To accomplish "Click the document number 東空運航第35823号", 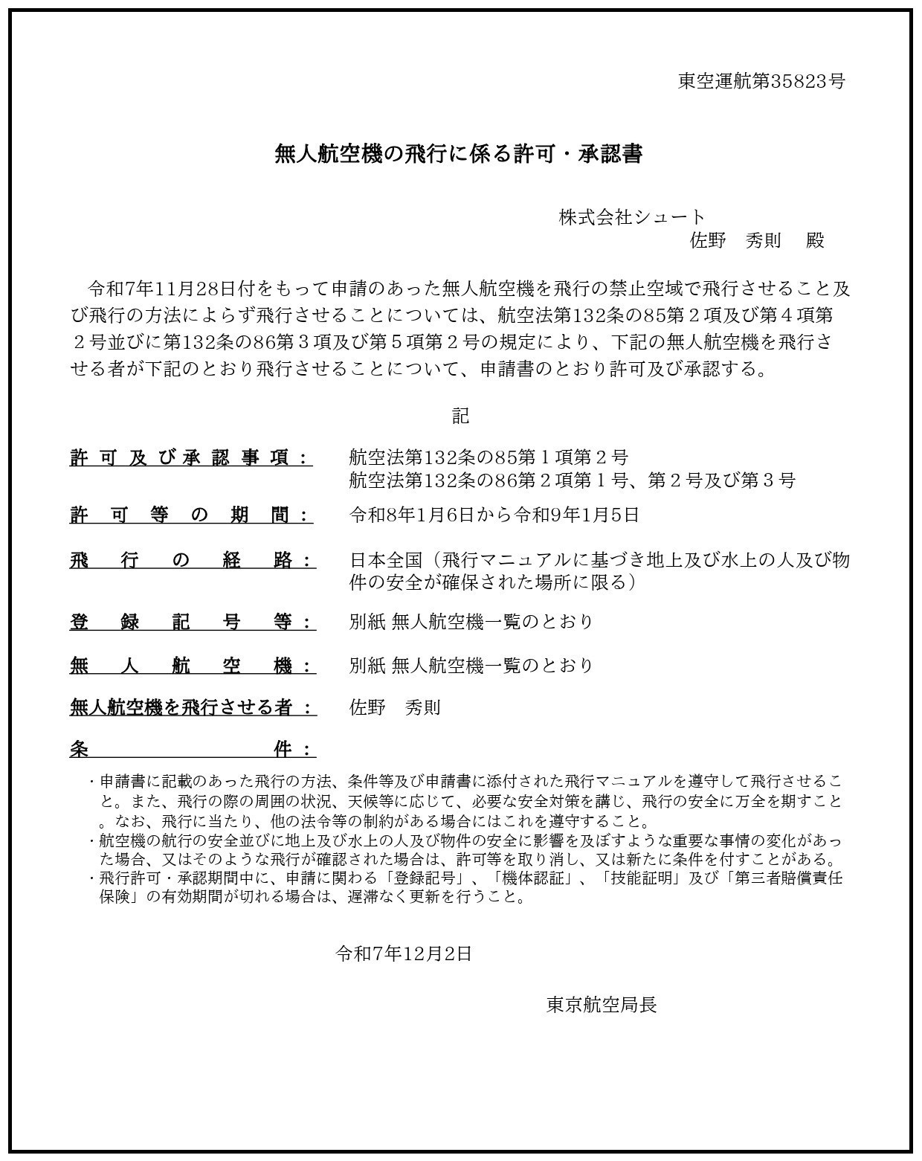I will pyautogui.click(x=761, y=81).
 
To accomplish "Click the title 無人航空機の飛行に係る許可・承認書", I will pyautogui.click(x=458, y=154).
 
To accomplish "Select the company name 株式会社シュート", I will pyautogui.click(x=631, y=217).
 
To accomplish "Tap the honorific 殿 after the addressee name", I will pyautogui.click(x=815, y=240).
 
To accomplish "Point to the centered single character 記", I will pyautogui.click(x=460, y=416).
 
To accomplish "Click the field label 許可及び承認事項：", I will pyautogui.click(x=190, y=457).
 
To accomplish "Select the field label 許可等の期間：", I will pyautogui.click(x=190, y=515).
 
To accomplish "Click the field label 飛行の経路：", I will pyautogui.click(x=192, y=560).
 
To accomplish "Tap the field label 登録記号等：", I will pyautogui.click(x=192, y=621).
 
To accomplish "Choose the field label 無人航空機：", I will pyautogui.click(x=192, y=665).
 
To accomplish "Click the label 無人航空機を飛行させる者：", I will pyautogui.click(x=192, y=707).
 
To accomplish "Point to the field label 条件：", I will pyautogui.click(x=192, y=749).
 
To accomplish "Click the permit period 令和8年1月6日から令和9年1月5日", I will pyautogui.click(x=494, y=515).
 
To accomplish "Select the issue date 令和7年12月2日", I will pyautogui.click(x=404, y=953).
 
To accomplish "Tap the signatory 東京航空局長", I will pyautogui.click(x=602, y=1005).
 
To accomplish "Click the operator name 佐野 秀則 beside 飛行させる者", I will pyautogui.click(x=395, y=707).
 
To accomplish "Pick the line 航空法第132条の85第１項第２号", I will pyautogui.click(x=489, y=457).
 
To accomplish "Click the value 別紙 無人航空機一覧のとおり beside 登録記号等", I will pyautogui.click(x=471, y=621).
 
